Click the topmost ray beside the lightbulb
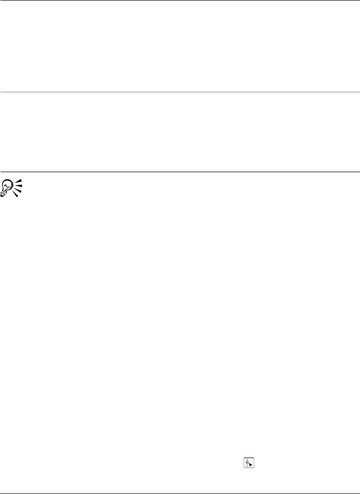(19, 181)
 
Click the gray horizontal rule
(180, 92)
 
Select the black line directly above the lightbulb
(180, 172)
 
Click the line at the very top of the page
(180, 0)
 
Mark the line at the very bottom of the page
(180, 494)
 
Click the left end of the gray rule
(1, 92)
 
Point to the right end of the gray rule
(358, 92)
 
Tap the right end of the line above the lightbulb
(358, 172)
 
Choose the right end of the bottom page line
(358, 494)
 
